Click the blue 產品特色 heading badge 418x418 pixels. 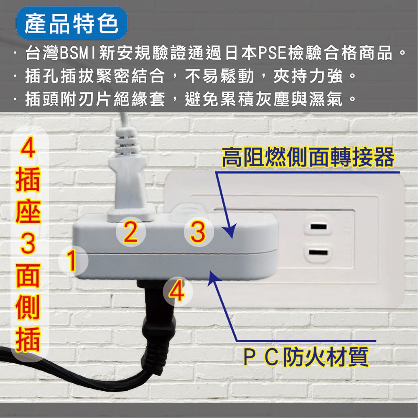tap(71, 23)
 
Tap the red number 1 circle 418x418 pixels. tap(73, 261)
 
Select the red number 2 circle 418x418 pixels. tap(130, 232)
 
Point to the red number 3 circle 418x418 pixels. tap(199, 232)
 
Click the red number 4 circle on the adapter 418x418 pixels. tap(177, 291)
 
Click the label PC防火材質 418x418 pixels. tap(306, 357)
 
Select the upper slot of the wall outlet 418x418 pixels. tap(319, 227)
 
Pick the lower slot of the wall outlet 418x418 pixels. tap(318, 252)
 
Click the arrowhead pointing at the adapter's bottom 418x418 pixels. tap(214, 277)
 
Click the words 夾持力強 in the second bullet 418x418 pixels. tap(308, 76)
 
